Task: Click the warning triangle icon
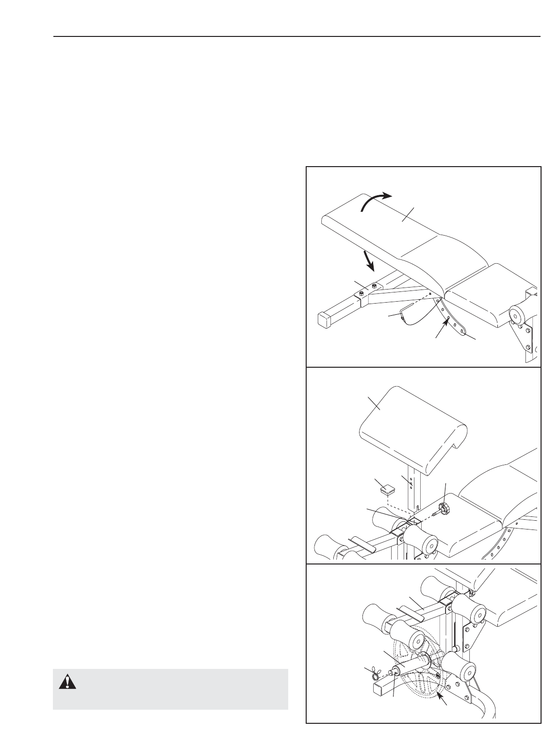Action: (64, 683)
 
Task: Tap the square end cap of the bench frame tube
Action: (325, 319)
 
